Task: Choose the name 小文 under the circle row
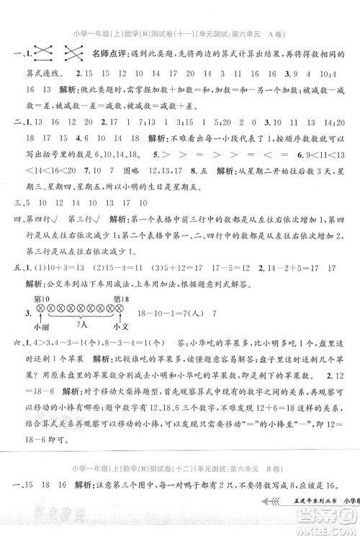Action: click(x=115, y=323)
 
